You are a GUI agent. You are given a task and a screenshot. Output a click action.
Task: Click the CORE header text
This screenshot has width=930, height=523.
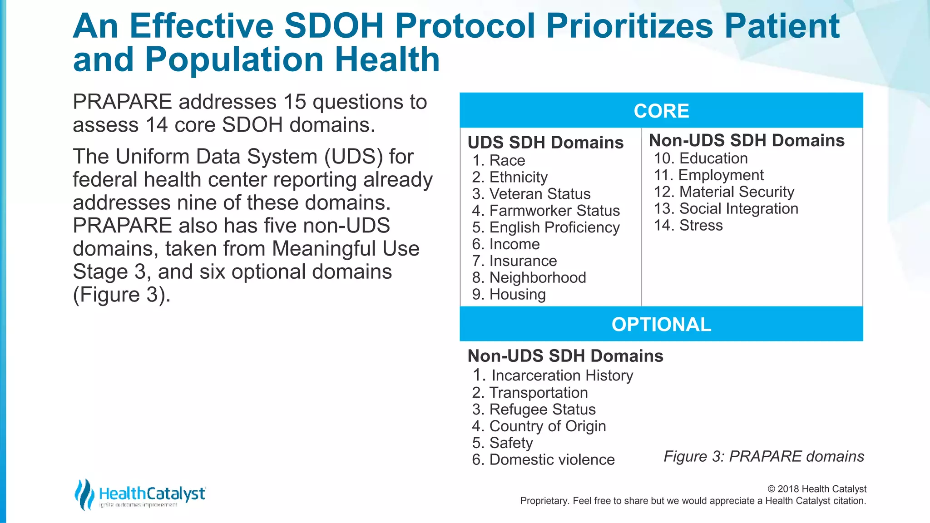click(x=661, y=111)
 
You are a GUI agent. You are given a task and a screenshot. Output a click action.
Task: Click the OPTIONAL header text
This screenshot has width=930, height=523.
click(x=661, y=325)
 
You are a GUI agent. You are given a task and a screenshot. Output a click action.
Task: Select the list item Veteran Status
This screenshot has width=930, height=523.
click(x=531, y=194)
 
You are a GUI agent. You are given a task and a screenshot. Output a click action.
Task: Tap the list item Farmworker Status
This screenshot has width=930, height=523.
click(x=546, y=211)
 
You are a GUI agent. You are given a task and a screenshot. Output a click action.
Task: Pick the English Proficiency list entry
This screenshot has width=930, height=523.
click(x=546, y=227)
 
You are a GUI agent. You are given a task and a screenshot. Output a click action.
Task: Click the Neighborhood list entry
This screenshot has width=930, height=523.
click(x=529, y=277)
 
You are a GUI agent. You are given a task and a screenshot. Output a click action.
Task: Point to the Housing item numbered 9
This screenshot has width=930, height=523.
click(x=509, y=294)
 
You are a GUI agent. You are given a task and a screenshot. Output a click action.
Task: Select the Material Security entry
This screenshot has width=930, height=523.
click(x=724, y=192)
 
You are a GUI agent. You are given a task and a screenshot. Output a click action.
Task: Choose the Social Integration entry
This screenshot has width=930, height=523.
click(x=726, y=208)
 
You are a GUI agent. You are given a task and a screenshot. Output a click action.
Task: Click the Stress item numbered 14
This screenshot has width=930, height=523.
click(x=688, y=225)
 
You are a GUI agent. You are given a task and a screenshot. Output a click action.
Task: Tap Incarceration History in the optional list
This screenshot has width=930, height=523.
click(x=553, y=375)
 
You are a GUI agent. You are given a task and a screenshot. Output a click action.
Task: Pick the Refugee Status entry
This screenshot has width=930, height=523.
click(x=534, y=410)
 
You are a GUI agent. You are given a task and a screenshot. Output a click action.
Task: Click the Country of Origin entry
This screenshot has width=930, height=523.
click(x=539, y=426)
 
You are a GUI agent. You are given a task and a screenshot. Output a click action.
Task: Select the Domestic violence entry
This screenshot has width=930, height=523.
click(x=544, y=459)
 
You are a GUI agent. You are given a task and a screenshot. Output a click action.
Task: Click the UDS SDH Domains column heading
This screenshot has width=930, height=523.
click(x=545, y=143)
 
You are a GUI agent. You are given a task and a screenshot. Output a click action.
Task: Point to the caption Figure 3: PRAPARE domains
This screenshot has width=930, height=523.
click(x=764, y=456)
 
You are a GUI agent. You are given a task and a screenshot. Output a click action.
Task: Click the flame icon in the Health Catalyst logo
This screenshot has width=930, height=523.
click(x=84, y=494)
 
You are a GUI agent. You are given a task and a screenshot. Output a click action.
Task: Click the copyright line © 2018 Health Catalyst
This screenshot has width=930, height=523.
click(x=817, y=489)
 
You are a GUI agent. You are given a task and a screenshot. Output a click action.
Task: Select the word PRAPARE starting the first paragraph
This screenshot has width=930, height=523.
click(x=122, y=102)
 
